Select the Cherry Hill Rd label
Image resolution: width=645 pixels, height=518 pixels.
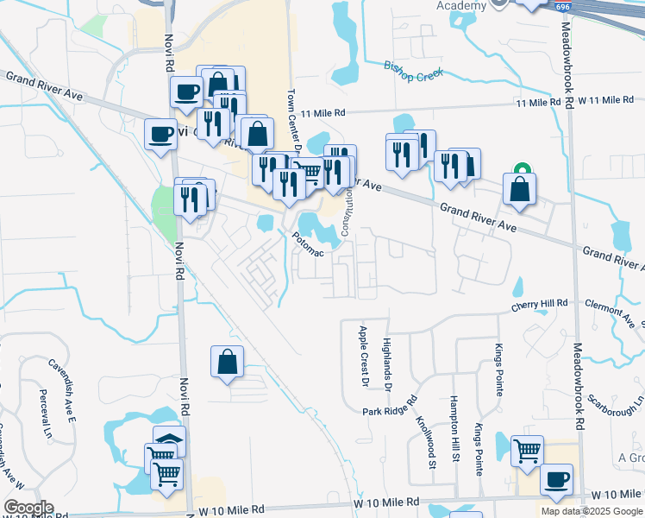pos(541,305)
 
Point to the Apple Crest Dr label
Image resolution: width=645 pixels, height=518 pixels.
pos(363,355)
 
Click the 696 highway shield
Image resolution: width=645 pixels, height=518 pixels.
pos(563,7)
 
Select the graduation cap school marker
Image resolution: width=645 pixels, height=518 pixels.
pos(169,439)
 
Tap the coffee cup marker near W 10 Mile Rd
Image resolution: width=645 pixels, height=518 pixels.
pos(556,480)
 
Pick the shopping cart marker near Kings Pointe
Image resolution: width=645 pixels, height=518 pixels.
pos(527,451)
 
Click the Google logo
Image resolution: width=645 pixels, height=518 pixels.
pos(28,508)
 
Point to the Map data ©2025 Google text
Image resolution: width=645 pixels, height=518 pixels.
pos(592,511)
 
